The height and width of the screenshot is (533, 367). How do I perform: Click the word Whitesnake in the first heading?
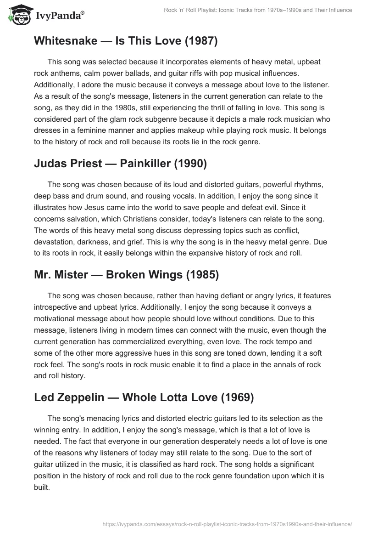pyautogui.click(x=65, y=41)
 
